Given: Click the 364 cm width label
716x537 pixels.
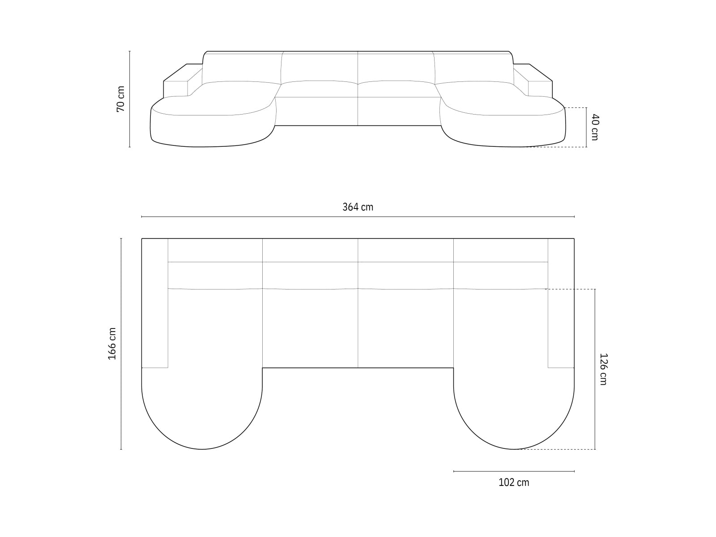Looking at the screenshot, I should pos(358,207).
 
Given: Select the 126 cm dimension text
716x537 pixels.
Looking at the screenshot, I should pos(603,369).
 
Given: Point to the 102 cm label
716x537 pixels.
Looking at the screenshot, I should pos(514,482).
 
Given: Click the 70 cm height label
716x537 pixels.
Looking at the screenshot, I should pos(120,99).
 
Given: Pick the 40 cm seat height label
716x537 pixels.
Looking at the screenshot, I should pos(595,127).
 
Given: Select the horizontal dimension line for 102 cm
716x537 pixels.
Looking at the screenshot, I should pos(514,471).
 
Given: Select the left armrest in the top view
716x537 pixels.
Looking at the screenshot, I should pos(155,303).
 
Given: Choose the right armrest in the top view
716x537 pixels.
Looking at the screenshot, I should pos(561,303).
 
